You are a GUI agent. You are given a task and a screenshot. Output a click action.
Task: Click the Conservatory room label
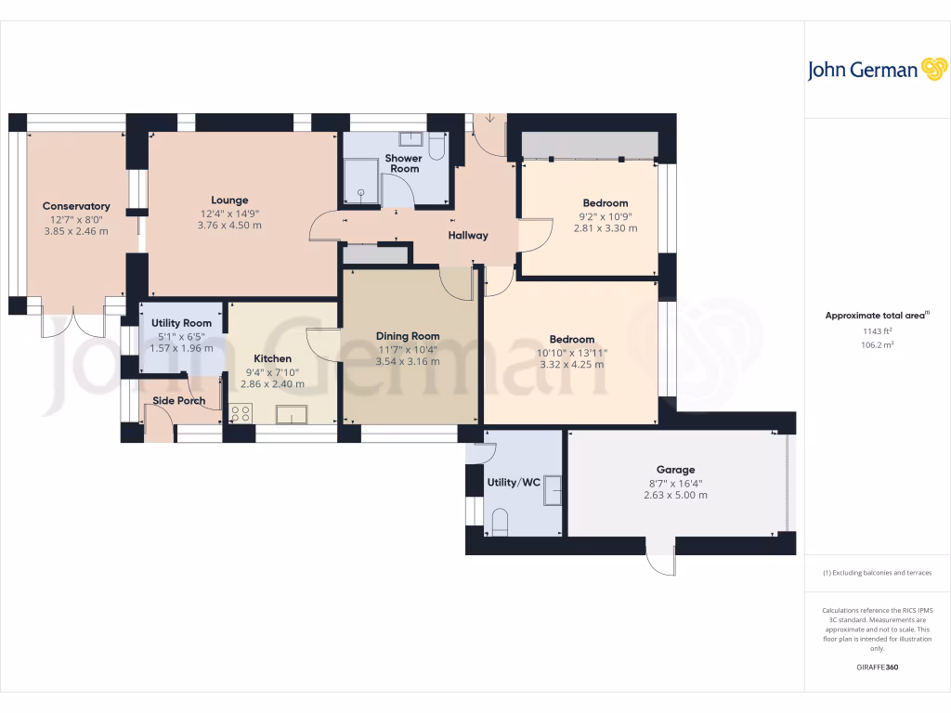pyautogui.click(x=76, y=206)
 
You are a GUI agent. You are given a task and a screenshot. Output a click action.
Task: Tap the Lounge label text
pyautogui.click(x=229, y=200)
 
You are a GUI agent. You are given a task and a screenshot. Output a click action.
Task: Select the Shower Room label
pyautogui.click(x=404, y=163)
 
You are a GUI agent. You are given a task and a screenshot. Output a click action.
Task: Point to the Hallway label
pyautogui.click(x=468, y=235)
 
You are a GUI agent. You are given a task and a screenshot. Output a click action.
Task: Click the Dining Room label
pyautogui.click(x=408, y=336)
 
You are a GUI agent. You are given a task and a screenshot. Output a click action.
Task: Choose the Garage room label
pyautogui.click(x=675, y=470)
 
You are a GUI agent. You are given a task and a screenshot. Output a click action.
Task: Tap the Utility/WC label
pyautogui.click(x=514, y=483)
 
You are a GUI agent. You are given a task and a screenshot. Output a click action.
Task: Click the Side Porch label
pyautogui.click(x=178, y=401)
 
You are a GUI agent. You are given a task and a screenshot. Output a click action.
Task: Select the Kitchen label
pyautogui.click(x=273, y=358)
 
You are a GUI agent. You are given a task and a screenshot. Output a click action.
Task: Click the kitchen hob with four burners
pyautogui.click(x=241, y=413)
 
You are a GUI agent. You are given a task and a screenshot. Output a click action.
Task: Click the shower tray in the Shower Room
pyautogui.click(x=361, y=179)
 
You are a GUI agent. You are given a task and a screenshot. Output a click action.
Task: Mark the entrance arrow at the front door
pyautogui.click(x=489, y=120)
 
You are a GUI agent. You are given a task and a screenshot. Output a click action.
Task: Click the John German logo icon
pyautogui.click(x=932, y=70)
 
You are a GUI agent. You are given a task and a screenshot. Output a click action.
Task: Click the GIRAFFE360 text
pyautogui.click(x=877, y=667)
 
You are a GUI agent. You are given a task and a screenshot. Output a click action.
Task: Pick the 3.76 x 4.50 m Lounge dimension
pyautogui.click(x=229, y=226)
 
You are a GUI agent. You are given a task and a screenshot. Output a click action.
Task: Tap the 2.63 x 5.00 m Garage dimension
pyautogui.click(x=675, y=495)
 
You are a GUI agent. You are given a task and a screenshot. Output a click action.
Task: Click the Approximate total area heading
pyautogui.click(x=875, y=316)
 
